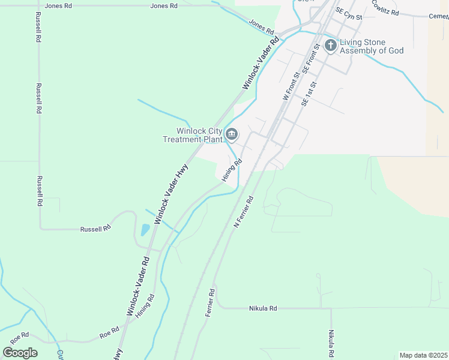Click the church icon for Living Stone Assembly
click(x=330, y=46)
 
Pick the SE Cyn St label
click(x=349, y=14)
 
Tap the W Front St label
click(x=290, y=86)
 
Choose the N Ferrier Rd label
click(x=244, y=212)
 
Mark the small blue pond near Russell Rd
click(x=145, y=230)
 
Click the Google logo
click(x=20, y=352)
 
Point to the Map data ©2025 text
click(x=424, y=355)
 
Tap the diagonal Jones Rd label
click(x=261, y=26)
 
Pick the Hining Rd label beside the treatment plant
click(x=232, y=170)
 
